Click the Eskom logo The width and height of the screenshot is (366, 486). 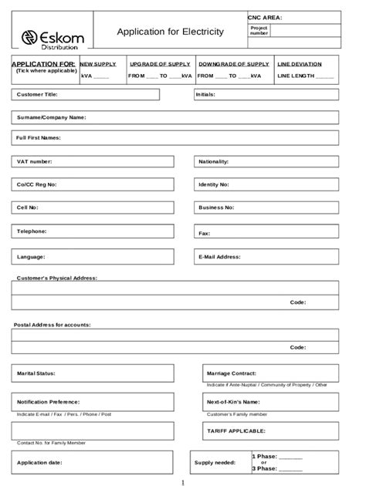[x=52, y=38]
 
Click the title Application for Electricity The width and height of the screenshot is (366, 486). [x=170, y=32]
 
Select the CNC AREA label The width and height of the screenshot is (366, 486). [x=265, y=16]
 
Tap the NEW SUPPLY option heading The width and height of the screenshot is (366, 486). [x=98, y=64]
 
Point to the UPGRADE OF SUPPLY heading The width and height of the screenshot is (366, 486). [x=160, y=64]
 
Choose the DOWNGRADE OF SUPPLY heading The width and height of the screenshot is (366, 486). [x=233, y=64]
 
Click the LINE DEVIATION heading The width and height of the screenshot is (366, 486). [x=300, y=64]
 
